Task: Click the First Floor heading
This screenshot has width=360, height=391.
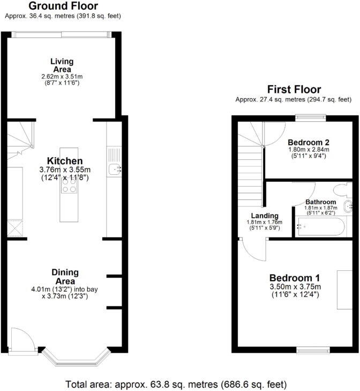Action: click(x=294, y=90)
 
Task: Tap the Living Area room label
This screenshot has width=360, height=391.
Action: click(x=62, y=65)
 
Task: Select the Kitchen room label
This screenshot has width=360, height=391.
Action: click(x=65, y=161)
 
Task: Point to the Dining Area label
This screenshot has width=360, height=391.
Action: click(x=65, y=277)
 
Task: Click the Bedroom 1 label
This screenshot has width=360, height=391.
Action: click(x=294, y=278)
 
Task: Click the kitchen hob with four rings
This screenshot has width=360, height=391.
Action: click(x=69, y=185)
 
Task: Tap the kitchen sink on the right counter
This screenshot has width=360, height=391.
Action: click(x=115, y=169)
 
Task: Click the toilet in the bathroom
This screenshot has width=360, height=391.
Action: click(x=340, y=190)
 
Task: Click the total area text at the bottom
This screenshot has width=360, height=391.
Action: click(x=176, y=384)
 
